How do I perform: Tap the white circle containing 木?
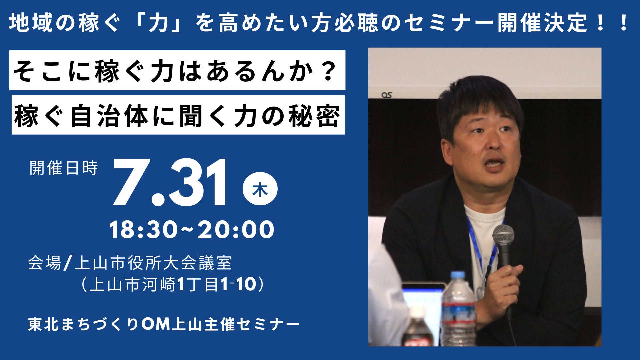260,189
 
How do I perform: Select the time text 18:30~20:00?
192,230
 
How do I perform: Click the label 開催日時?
64,168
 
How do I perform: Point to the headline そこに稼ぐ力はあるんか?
174,71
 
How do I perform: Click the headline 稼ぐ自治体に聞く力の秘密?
177,116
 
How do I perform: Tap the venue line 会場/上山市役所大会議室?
130,263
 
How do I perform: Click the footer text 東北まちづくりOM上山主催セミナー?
163,324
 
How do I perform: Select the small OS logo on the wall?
387,95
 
